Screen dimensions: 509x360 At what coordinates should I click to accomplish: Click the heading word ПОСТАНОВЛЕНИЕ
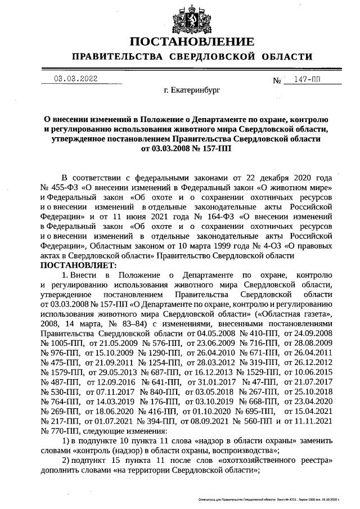click(192, 42)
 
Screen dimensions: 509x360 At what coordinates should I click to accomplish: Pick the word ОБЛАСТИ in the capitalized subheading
click(284, 57)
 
